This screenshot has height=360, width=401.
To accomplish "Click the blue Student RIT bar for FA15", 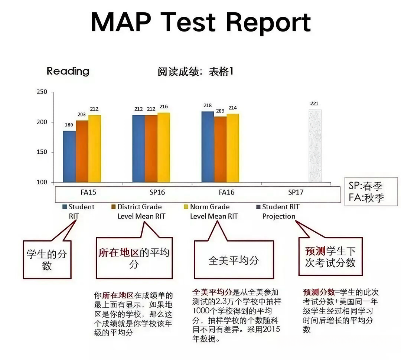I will coord(69,156).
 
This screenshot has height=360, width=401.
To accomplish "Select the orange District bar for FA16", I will coord(220,149).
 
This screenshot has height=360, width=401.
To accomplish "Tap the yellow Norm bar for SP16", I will coord(164,147).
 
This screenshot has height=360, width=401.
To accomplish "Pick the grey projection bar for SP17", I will coord(315,145).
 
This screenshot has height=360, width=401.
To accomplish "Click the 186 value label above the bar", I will coord(69,125).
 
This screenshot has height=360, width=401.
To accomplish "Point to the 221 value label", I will coord(314,104).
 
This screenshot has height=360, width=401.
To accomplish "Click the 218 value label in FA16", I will coord(208,105).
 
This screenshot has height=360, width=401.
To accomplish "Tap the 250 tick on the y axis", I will coord(42,92).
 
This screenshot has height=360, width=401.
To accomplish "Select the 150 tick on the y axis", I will coord(42,152).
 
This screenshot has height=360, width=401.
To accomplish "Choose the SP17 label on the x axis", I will coord(296,193).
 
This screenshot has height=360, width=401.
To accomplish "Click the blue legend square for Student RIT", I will coord(64,207).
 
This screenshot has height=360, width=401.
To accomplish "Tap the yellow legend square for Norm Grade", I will coord(186,207).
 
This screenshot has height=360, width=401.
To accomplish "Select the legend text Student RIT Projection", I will coord(280,212).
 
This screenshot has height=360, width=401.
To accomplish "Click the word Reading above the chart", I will coord(68,71).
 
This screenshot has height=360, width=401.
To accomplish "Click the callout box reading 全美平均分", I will coord(234,260).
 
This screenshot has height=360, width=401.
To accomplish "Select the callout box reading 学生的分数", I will coord(47,260).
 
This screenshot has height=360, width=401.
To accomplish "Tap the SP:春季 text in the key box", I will coord(366,186).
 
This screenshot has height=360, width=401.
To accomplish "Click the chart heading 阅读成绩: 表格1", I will coord(195,72).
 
